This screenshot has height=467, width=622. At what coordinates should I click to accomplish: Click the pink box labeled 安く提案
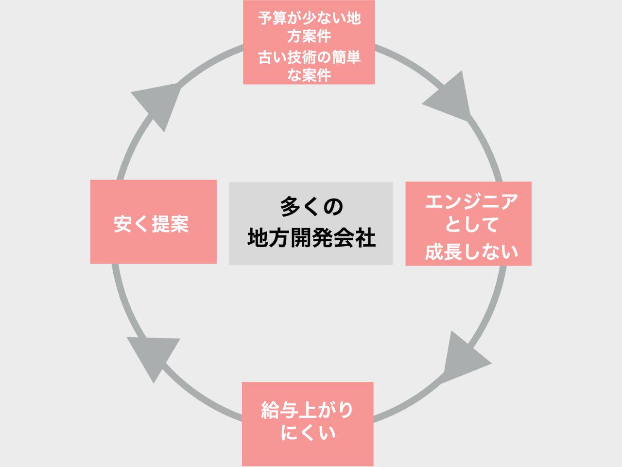[153, 222]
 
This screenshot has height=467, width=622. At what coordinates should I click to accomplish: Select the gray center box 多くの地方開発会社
[311, 223]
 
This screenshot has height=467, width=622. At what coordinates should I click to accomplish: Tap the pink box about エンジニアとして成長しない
[468, 224]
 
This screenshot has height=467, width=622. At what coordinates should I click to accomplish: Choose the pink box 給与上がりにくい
[308, 424]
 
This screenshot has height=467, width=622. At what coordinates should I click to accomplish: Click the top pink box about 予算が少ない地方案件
[309, 42]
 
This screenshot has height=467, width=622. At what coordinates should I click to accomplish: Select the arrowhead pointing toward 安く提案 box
[151, 355]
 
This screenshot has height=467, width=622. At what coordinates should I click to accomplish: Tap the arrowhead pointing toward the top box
[158, 105]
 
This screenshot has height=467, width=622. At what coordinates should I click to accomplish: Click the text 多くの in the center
[311, 206]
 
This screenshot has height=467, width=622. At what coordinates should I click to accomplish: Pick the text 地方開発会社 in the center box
[311, 238]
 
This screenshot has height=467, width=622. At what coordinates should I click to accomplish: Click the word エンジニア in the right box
[471, 201]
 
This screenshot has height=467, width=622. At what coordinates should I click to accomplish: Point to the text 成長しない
[471, 251]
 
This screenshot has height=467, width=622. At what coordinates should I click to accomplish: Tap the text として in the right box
[471, 225]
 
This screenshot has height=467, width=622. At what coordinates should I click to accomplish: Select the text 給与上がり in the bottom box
[308, 410]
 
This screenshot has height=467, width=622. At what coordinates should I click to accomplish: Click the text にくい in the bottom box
[308, 432]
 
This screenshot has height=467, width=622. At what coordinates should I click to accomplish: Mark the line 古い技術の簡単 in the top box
[309, 57]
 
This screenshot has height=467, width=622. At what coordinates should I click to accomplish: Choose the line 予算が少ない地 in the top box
[309, 18]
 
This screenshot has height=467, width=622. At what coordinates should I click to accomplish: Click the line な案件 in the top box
[309, 75]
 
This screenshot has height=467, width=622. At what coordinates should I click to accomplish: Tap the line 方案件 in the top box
[309, 36]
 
